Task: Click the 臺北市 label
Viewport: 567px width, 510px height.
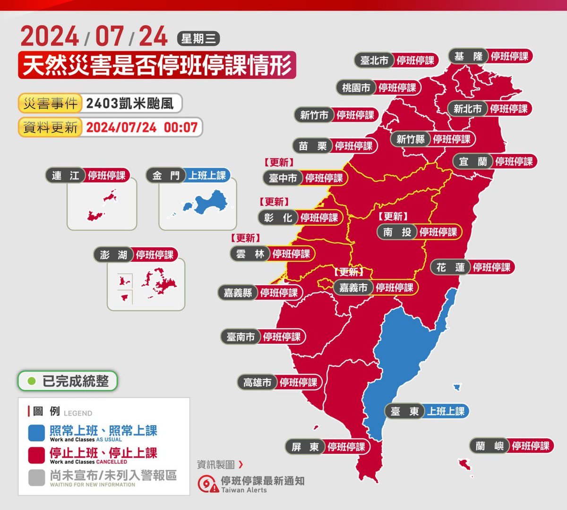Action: [x=374, y=60]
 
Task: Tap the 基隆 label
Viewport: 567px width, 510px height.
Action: [x=468, y=57]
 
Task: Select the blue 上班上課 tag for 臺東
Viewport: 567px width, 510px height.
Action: [x=446, y=411]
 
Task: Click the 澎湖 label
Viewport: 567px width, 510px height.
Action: [x=114, y=255]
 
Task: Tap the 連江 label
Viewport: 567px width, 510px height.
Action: [x=66, y=176]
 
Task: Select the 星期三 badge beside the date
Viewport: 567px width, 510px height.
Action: [x=198, y=38]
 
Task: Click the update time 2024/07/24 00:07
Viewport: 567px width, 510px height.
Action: [x=141, y=127]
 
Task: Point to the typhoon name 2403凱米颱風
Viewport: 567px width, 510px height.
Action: [x=130, y=103]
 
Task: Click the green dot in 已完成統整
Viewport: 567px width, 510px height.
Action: [x=32, y=381]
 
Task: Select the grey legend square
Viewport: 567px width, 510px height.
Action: [x=36, y=477]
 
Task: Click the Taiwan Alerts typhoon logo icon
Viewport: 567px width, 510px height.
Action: [x=207, y=484]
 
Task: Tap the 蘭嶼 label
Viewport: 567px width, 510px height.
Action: [x=490, y=446]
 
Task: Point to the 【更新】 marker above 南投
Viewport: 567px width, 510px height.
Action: [x=393, y=216]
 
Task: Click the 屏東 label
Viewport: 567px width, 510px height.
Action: [x=305, y=447]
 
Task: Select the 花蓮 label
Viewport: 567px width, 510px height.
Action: [x=450, y=267]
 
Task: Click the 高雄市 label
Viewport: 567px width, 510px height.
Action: [x=257, y=382]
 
